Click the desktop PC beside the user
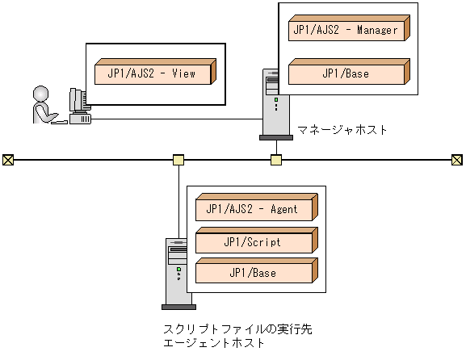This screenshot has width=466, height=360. click(79, 106)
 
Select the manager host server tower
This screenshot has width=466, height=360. click(275, 103)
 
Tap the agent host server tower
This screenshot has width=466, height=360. click(178, 272)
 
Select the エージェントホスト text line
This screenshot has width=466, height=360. click(214, 343)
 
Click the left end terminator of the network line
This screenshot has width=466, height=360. click(7, 159)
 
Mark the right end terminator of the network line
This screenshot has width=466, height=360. click(457, 159)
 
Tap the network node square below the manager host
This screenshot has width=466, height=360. click(275, 159)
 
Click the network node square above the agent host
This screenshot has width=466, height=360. click(178, 159)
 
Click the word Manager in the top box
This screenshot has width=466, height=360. click(376, 31)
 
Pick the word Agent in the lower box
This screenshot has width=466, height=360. click(282, 210)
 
